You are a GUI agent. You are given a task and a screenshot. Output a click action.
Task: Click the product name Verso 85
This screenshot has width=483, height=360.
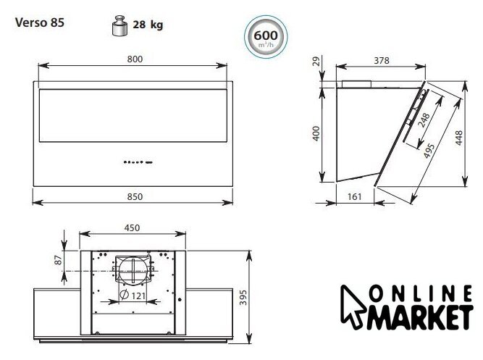pos(40,22)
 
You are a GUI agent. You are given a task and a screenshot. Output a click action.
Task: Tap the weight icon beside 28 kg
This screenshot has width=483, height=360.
pos(119,25)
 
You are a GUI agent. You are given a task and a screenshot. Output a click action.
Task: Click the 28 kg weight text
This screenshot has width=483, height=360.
pos(148,25)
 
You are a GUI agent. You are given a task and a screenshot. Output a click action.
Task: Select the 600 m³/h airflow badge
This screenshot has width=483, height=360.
pos(266,37)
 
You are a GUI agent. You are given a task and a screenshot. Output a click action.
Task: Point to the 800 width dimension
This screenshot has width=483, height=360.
pos(135,59)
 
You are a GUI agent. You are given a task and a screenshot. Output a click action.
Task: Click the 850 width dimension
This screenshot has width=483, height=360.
pos(135,196)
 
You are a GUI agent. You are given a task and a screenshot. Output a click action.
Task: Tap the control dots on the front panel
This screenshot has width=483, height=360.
pos(138,162)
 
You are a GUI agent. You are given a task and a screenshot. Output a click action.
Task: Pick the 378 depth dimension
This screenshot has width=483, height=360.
pos(382,60)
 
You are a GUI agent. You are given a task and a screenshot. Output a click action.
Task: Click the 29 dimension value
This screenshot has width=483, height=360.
pos(316,61)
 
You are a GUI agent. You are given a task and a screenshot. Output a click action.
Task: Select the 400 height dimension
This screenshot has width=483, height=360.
pos(316,133)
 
